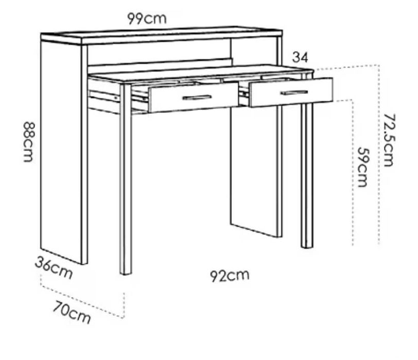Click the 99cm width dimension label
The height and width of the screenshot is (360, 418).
click(147, 19)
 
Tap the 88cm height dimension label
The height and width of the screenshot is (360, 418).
click(28, 141)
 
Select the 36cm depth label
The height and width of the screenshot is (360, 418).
click(54, 267)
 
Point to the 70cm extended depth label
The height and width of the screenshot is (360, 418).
click(72, 312)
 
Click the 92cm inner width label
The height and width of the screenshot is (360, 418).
click(230, 275)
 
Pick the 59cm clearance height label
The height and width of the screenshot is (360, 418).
click(362, 167)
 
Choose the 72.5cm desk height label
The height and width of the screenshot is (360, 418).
click(389, 140)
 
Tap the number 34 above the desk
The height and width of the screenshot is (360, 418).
click(300, 57)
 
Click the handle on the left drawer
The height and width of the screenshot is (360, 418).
click(197, 98)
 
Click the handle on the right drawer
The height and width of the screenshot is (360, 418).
click(294, 93)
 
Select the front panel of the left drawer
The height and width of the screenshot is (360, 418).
click(194, 97)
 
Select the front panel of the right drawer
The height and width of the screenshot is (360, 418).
click(291, 93)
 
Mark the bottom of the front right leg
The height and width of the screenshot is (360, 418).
click(307, 247)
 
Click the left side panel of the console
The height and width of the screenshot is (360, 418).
click(61, 152)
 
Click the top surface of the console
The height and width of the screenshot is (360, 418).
click(161, 34)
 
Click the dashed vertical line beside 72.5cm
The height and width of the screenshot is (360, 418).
click(378, 154)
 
